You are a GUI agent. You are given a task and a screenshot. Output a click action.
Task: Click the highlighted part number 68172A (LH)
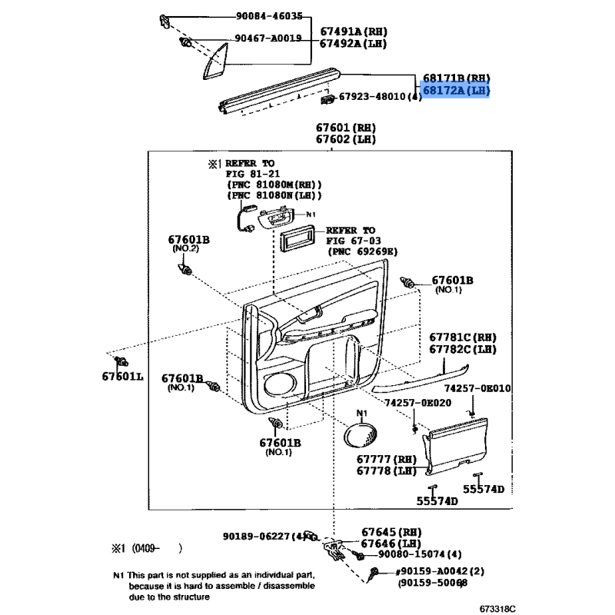pos(456,91)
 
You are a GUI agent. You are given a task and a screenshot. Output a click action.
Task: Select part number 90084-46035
pos(269,16)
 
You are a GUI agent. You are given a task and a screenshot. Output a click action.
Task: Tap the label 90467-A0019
pos(268,38)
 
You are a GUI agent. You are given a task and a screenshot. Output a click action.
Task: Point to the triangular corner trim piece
pos(216,61)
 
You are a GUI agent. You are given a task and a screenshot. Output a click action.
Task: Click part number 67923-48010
pos(372,97)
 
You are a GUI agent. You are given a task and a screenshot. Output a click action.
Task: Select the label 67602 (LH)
pos(346,139)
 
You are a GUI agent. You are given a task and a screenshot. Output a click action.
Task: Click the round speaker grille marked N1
pos(361,435)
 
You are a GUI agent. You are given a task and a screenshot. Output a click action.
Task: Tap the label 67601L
pos(123,377)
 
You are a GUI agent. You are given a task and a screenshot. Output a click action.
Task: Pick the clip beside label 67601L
pos(121,361)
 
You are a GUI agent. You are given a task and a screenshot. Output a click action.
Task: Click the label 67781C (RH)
pos(463,337)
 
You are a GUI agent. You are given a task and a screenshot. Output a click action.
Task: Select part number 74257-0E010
pos(477,388)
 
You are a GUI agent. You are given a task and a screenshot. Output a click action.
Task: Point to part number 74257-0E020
pos(417,403)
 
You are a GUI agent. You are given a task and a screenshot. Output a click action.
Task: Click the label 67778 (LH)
pos(387,470)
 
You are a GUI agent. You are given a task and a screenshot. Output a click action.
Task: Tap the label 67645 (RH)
pos(391,532)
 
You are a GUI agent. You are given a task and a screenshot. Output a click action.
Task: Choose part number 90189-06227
pos(257,536)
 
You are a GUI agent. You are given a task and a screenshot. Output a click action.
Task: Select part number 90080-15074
pos(411,554)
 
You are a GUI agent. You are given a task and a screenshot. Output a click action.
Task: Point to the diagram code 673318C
pos(497,609)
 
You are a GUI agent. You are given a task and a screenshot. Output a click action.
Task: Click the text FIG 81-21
pos(253,174)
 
